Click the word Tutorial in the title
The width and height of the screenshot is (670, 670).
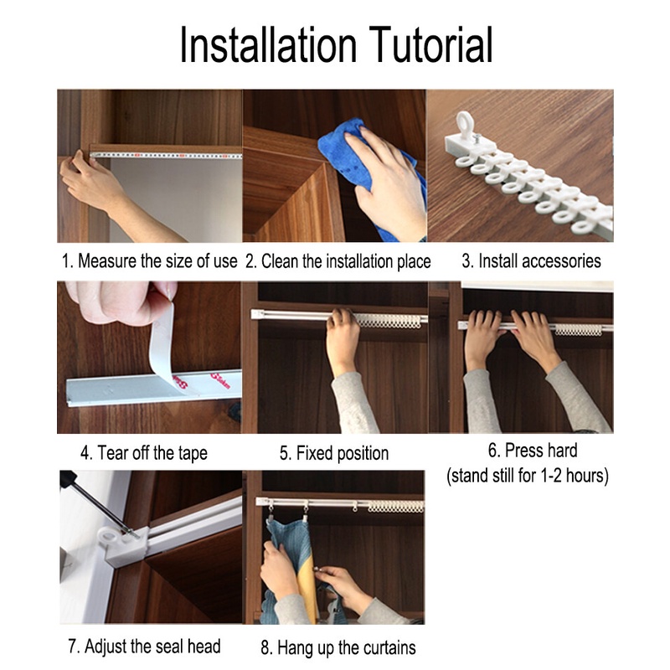pos(430,44)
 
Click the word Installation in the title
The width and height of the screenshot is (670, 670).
pos(268,44)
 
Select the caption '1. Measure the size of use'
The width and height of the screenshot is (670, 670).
pos(149,261)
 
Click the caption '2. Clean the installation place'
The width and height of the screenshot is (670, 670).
pos(338,261)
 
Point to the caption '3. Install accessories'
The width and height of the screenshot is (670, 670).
pos(531,261)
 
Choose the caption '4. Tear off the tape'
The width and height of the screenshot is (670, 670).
pos(144,453)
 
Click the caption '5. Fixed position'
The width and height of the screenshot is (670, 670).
pos(334,453)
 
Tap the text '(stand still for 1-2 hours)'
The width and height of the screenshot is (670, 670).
pos(528,476)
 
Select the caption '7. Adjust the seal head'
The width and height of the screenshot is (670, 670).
pos(144,647)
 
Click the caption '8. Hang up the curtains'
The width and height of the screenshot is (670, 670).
pos(338,647)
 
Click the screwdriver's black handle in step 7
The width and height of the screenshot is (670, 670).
pos(69,478)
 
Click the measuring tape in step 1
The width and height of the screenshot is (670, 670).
pos(166,156)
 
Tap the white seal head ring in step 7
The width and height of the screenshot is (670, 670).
pos(112,536)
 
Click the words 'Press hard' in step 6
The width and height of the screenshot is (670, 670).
pos(533,451)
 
